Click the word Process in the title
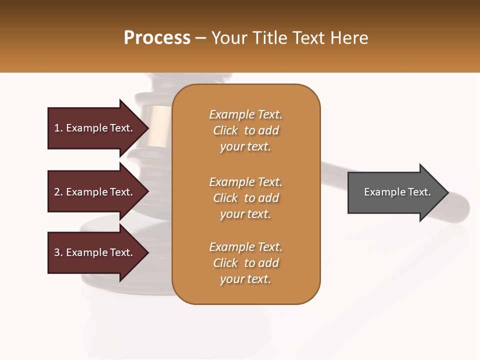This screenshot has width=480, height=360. pyautogui.click(x=157, y=38)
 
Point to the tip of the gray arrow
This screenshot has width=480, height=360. pyautogui.click(x=447, y=192)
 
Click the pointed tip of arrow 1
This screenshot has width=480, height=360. pyautogui.click(x=147, y=128)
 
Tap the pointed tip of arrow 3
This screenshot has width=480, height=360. pyautogui.click(x=147, y=252)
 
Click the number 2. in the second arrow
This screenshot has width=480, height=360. pyautogui.click(x=58, y=192)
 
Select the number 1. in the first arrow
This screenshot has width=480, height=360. pyautogui.click(x=58, y=128)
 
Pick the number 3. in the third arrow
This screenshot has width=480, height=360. pyautogui.click(x=58, y=252)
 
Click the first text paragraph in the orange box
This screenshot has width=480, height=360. pyautogui.click(x=246, y=130)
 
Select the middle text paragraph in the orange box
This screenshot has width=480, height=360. pyautogui.click(x=246, y=198)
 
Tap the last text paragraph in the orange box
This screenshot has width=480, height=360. pyautogui.click(x=246, y=263)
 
